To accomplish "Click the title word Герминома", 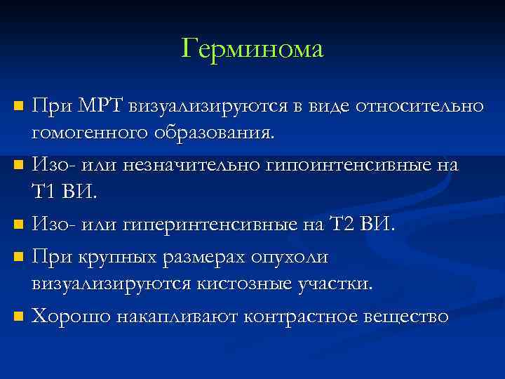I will [252, 49].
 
